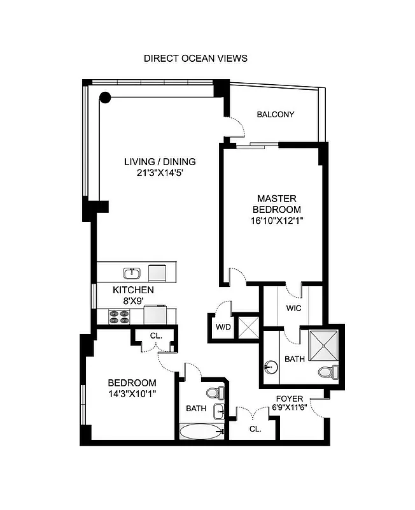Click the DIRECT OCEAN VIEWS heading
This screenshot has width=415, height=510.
195,58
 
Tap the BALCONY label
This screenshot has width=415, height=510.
275,115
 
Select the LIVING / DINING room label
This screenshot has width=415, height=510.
159,161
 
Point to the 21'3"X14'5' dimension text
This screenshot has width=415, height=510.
159,172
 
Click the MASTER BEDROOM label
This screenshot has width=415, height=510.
276,204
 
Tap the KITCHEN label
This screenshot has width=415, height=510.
133,289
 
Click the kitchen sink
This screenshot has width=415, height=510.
132,273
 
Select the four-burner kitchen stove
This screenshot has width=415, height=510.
119,316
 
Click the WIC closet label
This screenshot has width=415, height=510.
293,308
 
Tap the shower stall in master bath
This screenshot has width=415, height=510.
325,345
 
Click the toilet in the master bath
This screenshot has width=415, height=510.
325,372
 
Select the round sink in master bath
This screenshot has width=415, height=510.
270,367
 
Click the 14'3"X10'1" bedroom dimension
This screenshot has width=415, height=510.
132,393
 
